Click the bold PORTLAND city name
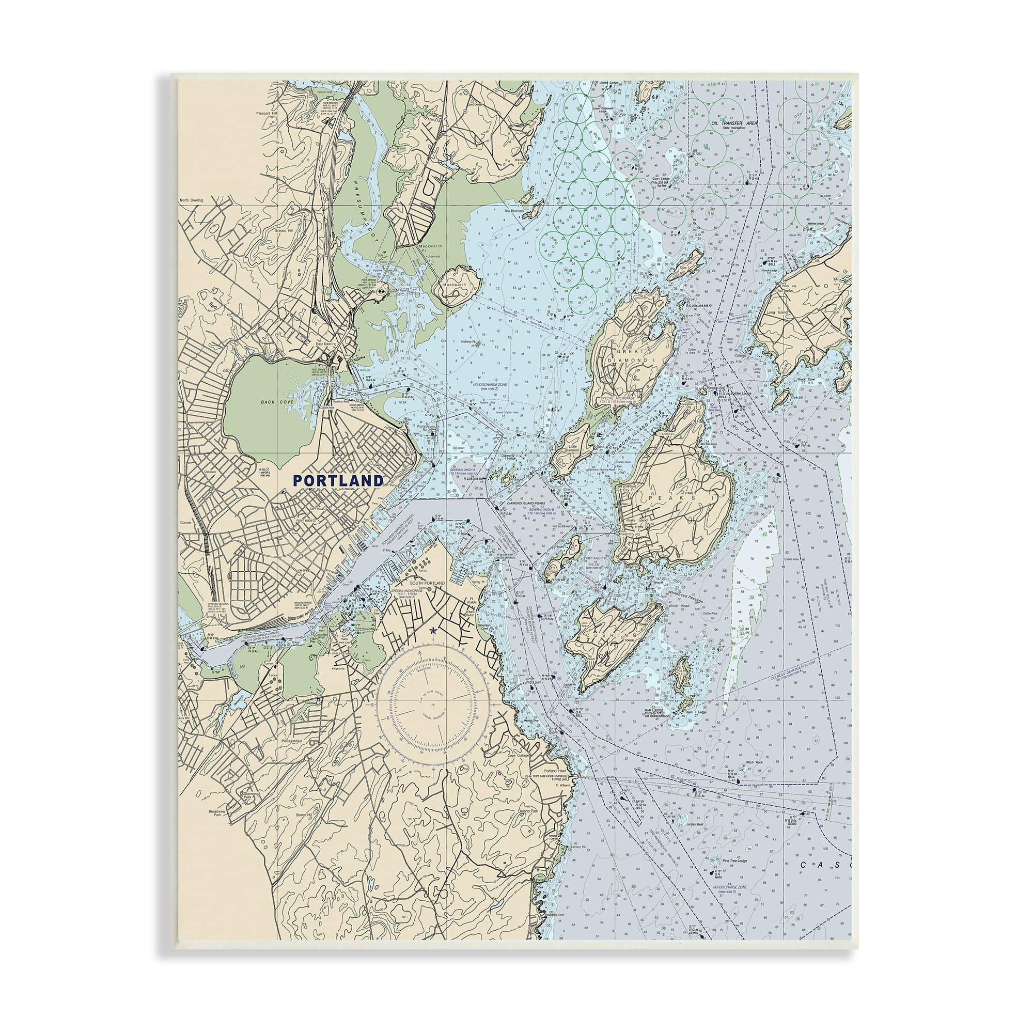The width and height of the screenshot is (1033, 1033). [x=338, y=480]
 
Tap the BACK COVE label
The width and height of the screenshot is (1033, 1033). [x=274, y=401]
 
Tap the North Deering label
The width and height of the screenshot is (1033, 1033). [x=192, y=200]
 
